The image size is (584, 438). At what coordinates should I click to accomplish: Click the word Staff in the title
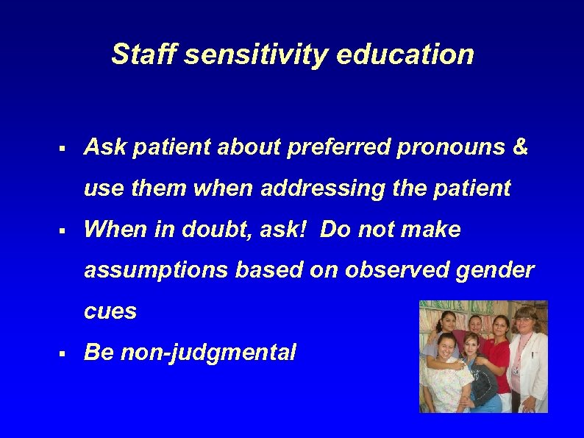[x=140, y=54]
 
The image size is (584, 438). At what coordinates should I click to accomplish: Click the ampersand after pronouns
[x=519, y=148]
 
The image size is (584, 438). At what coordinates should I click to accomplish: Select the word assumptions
[x=156, y=271]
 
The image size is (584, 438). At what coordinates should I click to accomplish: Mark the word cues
[x=110, y=311]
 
